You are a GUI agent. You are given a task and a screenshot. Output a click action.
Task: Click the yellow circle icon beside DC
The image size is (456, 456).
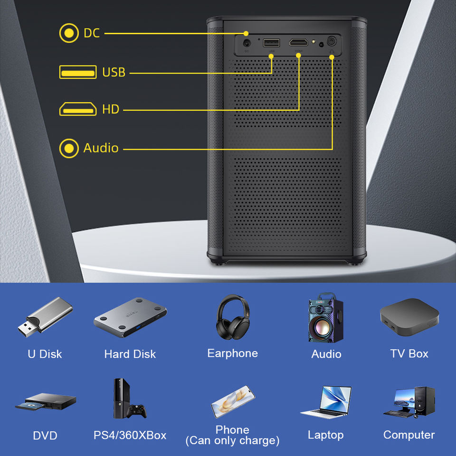click(69, 33)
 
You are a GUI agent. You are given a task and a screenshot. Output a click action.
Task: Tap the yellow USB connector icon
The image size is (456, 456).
click(77, 72)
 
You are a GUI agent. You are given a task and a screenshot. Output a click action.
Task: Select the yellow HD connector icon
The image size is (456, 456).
click(77, 110)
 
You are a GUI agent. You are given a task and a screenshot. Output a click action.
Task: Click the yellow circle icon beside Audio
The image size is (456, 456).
click(69, 148)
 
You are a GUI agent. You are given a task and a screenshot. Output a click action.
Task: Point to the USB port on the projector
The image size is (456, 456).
click(272, 43)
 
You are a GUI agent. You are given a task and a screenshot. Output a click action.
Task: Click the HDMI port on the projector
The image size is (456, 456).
click(299, 43)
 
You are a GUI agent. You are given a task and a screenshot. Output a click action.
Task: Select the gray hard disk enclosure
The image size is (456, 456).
click(130, 317)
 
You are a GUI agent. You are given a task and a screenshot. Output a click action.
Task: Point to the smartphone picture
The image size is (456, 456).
click(233, 402)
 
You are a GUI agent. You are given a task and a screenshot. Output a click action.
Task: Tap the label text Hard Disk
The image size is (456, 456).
click(130, 354)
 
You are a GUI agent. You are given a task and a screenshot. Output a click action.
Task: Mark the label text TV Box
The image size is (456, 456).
click(409, 353)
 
